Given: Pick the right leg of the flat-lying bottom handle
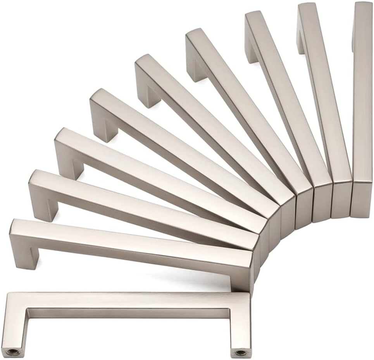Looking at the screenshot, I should coord(238,329).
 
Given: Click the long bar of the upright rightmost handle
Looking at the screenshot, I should coord(363,97).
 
